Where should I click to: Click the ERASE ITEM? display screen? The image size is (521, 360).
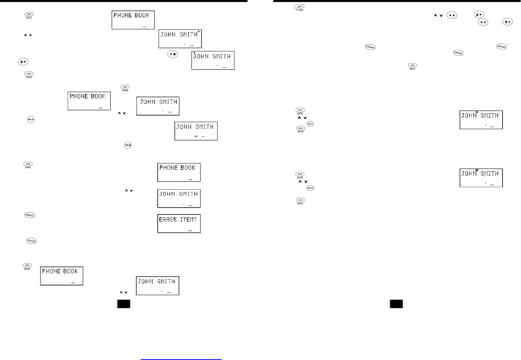179,223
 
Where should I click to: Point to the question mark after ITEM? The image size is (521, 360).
195,219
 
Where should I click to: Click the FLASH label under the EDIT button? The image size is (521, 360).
300,10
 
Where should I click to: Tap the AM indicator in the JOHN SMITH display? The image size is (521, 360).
196,136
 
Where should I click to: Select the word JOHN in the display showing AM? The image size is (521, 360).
184,127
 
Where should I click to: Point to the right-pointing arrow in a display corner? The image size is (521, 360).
199,32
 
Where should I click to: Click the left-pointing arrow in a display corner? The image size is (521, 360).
194,53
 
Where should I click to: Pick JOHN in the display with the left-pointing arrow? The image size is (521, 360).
201,56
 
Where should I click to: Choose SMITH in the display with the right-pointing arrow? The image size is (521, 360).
188,35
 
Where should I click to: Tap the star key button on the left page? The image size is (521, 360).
173,54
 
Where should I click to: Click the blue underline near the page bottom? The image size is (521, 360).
181,360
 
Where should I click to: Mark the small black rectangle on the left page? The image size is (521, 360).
124,304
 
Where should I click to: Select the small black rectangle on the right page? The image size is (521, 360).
396,304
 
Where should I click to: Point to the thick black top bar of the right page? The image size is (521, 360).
397,1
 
